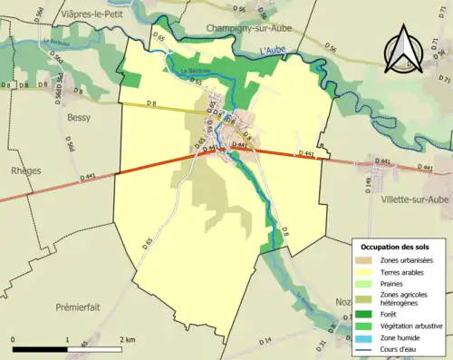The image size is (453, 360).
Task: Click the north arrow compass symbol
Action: pyautogui.click(x=406, y=51)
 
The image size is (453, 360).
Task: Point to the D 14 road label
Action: pyautogui.click(x=265, y=340)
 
